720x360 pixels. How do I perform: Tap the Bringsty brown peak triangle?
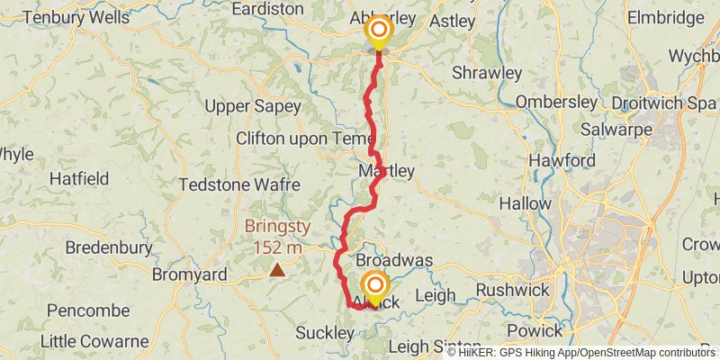[x=277, y=269]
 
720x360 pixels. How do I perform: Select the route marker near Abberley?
[x=379, y=31]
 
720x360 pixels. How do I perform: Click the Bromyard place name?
[x=189, y=274]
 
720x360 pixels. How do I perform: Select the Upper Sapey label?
[x=252, y=106]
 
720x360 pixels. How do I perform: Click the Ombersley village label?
[x=556, y=102]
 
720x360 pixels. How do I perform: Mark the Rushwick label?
[x=509, y=290]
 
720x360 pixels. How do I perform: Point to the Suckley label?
[x=325, y=333]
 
